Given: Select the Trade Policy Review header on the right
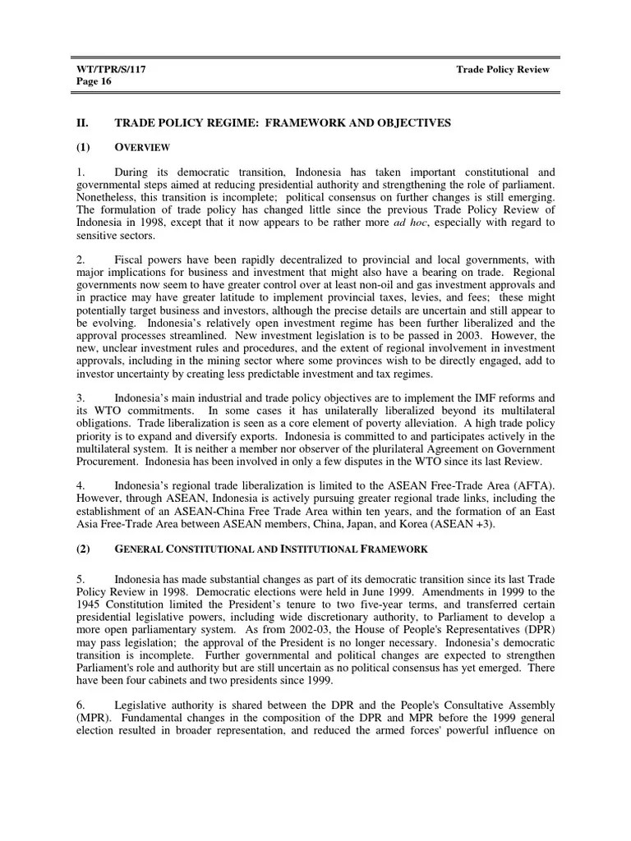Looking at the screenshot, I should [503, 70].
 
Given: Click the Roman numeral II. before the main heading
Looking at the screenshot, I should [82, 122].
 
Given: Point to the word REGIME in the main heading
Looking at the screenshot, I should [224, 122].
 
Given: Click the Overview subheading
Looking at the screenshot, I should [142, 147].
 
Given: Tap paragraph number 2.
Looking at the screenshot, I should [80, 260].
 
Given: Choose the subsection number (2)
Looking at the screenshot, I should [84, 548].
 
